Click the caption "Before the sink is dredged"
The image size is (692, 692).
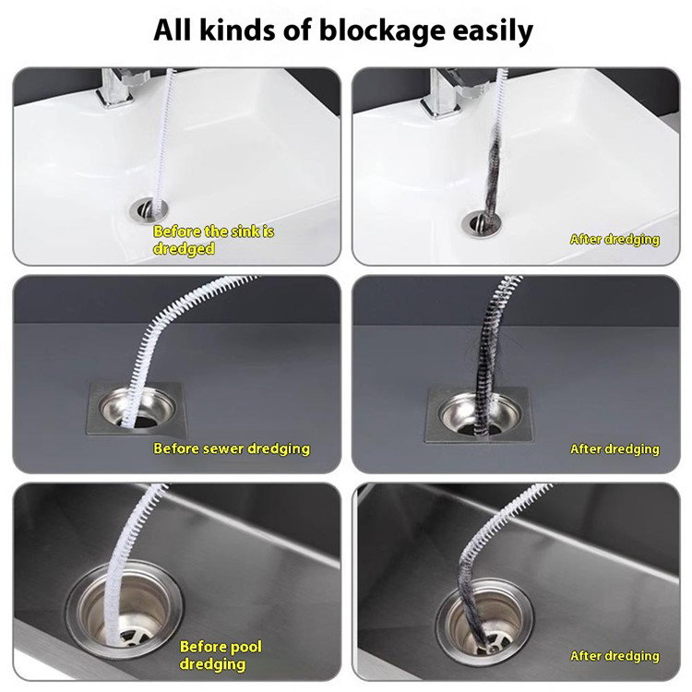(x=214, y=240)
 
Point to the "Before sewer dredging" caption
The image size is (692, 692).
(x=232, y=448)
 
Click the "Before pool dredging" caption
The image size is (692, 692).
(x=221, y=655)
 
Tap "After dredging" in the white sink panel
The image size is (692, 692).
(x=614, y=240)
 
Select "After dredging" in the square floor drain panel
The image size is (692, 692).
(x=614, y=449)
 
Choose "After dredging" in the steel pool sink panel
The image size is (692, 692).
(x=614, y=656)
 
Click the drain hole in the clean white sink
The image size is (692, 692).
(x=149, y=209)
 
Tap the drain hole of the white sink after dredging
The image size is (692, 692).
(x=481, y=222)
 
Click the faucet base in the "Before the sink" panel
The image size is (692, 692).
(x=114, y=98)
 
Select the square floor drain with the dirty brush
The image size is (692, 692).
(x=478, y=416)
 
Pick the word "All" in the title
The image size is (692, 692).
(x=173, y=30)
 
